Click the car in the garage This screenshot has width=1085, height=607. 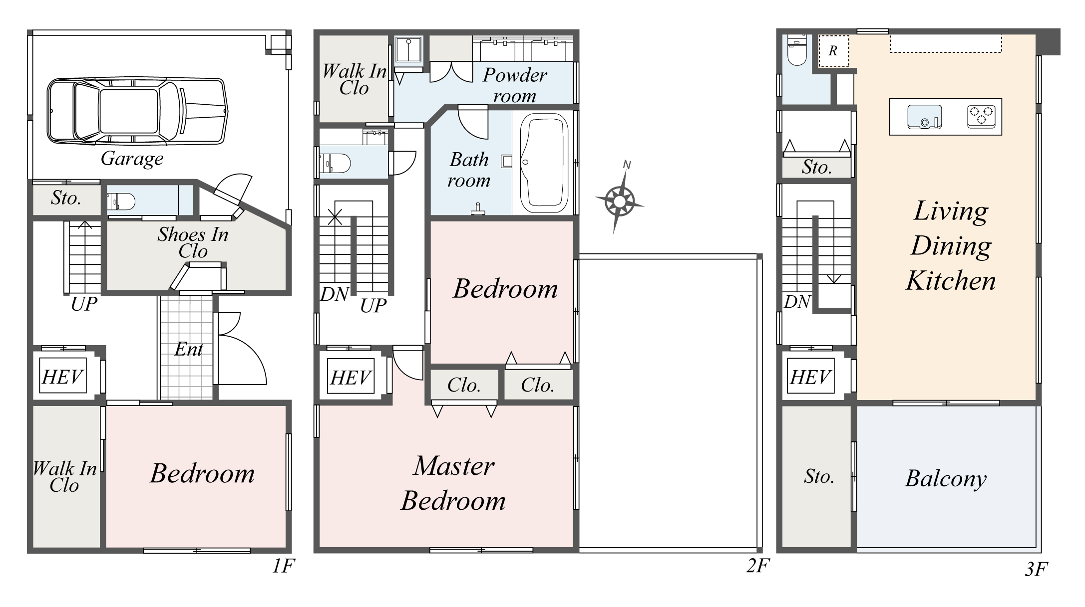click(136, 111)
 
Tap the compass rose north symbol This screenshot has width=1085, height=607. click(619, 201)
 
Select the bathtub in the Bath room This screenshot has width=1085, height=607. click(544, 163)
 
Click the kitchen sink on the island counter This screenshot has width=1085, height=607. click(924, 117)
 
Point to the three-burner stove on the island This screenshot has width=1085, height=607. click(981, 117)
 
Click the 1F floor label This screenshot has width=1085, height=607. click(284, 566)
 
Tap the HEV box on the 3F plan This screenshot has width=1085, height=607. click(810, 377)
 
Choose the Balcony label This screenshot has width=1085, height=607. click(946, 478)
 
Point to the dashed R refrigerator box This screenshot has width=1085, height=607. click(833, 51)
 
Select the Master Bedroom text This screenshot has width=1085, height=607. click(453, 483)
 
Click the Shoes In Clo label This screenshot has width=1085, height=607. click(193, 242)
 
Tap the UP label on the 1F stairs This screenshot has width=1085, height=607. click(83, 304)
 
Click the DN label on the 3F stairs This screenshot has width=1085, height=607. click(797, 302)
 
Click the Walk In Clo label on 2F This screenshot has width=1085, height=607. click(354, 79)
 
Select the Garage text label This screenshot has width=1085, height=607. click(132, 159)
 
